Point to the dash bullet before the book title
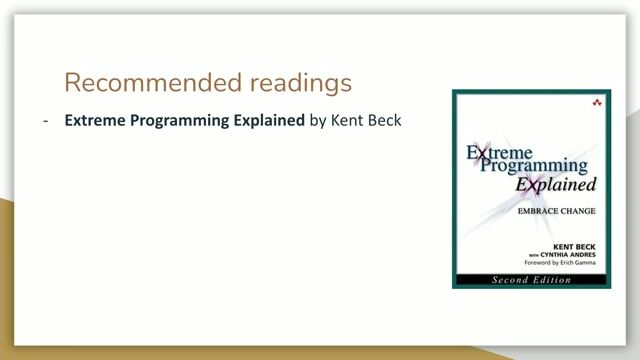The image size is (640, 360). [46, 122]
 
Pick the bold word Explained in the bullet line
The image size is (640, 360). [267, 122]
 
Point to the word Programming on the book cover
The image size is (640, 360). [533, 168]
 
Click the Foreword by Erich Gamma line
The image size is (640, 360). [565, 264]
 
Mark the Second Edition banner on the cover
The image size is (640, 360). [530, 281]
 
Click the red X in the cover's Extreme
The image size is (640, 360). [478, 153]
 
